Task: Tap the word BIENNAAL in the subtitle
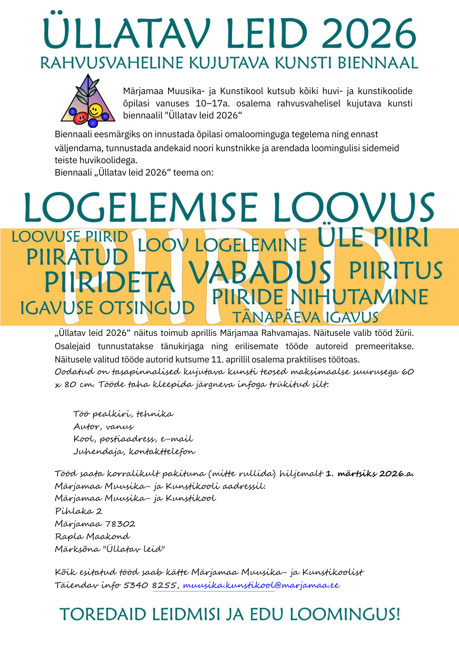point(378,63)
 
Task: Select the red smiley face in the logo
point(80,118)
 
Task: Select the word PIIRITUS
point(395,271)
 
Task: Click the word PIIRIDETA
point(110,282)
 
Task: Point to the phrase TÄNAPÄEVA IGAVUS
point(305,317)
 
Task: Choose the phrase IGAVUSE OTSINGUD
point(107,308)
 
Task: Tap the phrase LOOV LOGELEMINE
point(222,245)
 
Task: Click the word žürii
point(404,333)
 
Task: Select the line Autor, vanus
point(104,426)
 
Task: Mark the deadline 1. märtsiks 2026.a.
point(369,474)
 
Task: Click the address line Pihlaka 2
point(79,511)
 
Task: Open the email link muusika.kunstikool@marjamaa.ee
point(261,585)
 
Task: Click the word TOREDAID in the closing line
point(103,614)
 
